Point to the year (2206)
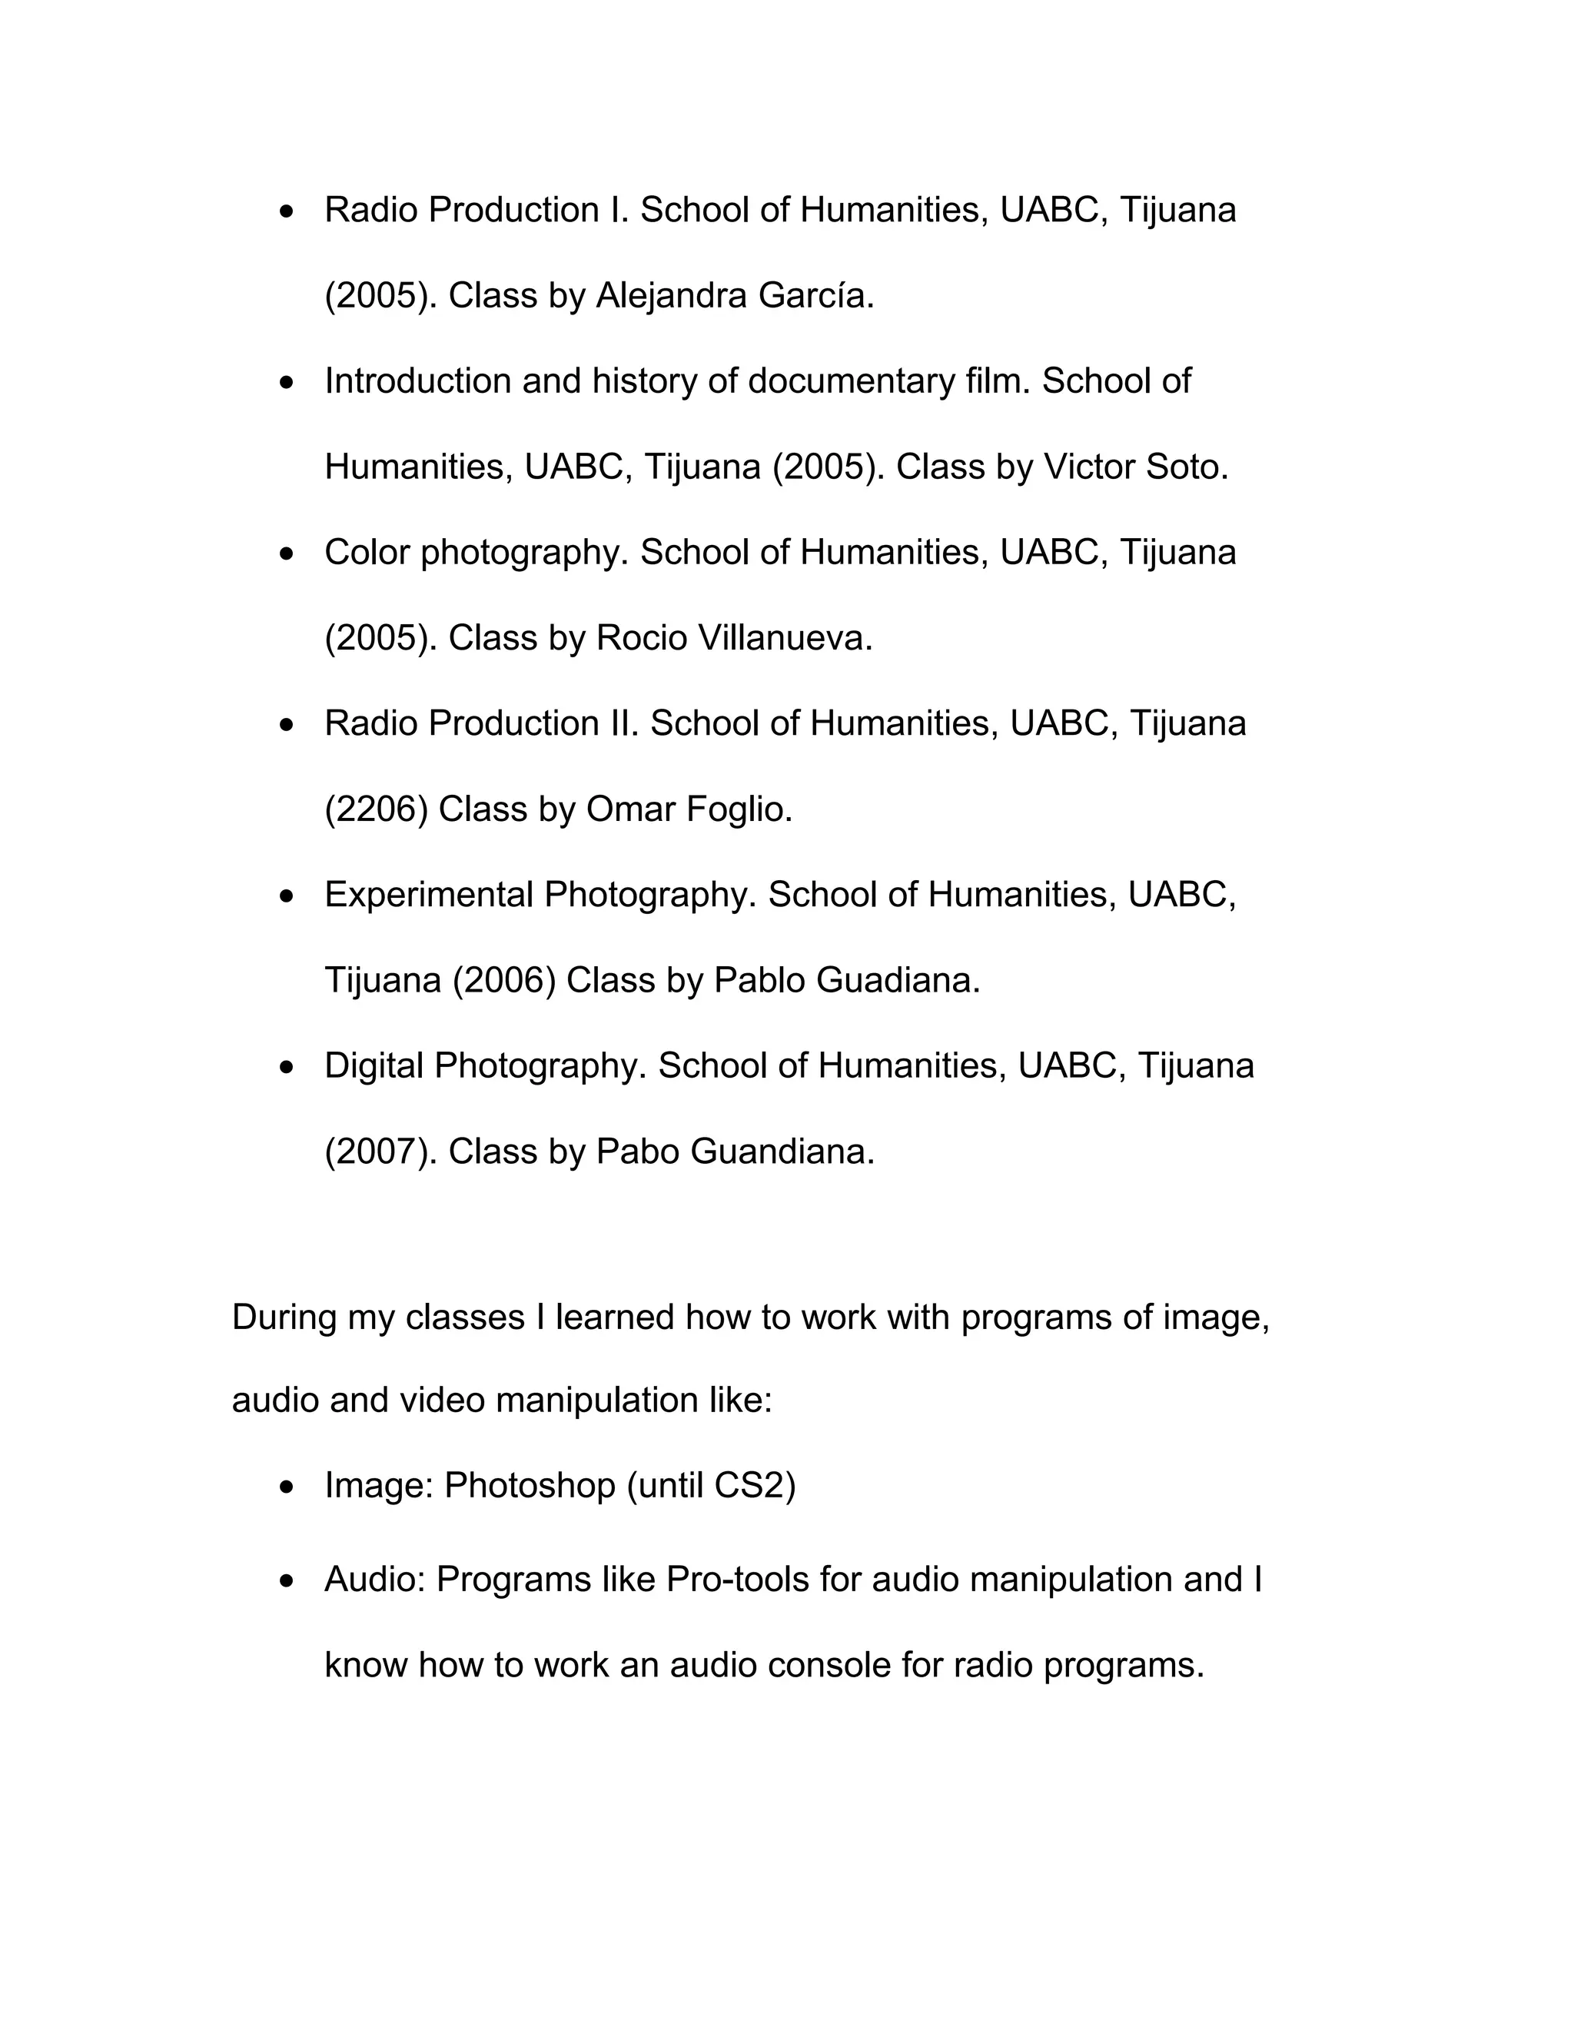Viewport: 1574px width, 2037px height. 376,809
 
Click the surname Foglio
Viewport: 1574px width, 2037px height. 739,809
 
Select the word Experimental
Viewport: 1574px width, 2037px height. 428,896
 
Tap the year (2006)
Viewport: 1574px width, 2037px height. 503,981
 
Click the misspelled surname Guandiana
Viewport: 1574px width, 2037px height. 782,1153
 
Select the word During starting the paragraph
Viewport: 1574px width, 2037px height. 284,1318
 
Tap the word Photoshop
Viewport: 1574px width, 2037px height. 529,1486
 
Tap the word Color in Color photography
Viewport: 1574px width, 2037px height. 367,553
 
